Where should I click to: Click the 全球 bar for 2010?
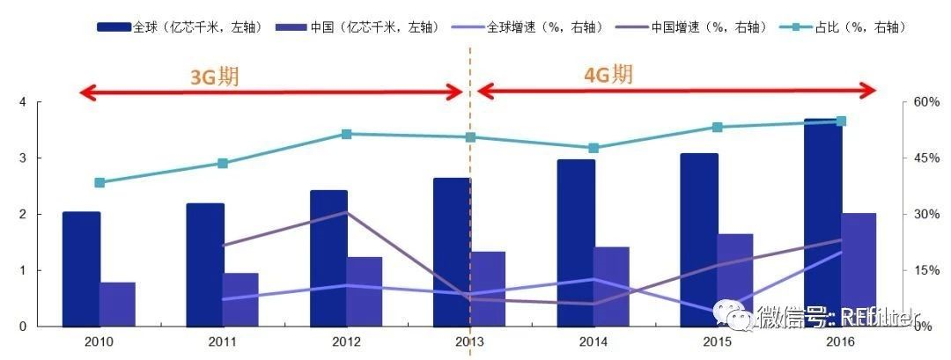[81, 268]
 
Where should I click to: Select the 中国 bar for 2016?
[859, 269]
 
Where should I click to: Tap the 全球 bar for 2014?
[575, 242]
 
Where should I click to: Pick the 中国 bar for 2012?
[364, 291]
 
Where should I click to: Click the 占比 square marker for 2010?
[100, 183]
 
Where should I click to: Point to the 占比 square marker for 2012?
[346, 134]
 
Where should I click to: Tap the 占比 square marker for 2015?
[718, 128]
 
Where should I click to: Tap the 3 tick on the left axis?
[23, 158]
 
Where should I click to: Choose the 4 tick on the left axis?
[23, 102]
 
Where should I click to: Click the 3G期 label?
[215, 77]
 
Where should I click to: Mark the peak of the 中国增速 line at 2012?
[346, 212]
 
